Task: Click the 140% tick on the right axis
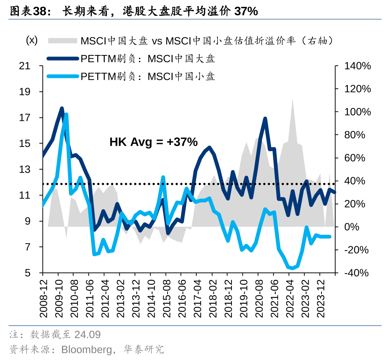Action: coord(358,66)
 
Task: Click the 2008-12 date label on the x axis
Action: coord(43,295)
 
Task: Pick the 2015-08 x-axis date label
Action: coord(166,295)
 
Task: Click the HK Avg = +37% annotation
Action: coord(154,142)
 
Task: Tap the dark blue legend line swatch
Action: coord(62,58)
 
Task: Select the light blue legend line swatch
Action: coord(62,77)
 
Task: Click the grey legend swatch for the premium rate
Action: coord(62,40)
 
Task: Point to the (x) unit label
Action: coord(32,40)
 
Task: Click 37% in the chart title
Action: coord(246,12)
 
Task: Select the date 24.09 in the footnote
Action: coord(88,334)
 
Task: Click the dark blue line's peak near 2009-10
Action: coord(62,108)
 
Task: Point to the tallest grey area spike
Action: coord(292,99)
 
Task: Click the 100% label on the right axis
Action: coord(358,112)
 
